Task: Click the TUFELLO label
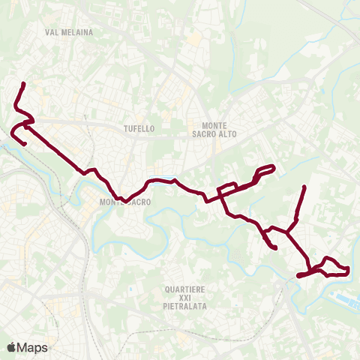139,128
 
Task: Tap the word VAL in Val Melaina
52,32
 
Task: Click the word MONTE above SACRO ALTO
216,124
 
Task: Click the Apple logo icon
11,347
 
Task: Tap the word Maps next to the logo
33,347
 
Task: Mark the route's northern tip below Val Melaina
25,83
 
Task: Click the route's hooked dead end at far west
25,144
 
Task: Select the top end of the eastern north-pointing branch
304,186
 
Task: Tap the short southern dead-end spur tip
276,247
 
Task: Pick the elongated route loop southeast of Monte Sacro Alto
265,172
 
